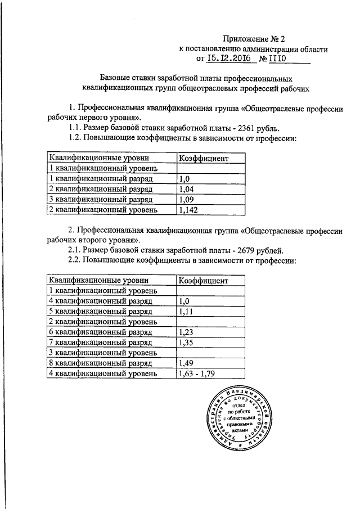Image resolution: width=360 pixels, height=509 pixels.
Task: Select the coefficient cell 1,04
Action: (186, 189)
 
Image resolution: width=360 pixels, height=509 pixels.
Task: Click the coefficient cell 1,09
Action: (186, 199)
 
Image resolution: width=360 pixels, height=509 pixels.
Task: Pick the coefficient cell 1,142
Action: (188, 210)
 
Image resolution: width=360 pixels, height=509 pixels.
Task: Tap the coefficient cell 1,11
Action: (186, 311)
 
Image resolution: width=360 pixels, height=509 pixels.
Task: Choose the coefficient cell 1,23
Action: (186, 332)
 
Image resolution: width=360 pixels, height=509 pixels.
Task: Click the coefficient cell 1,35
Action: (186, 343)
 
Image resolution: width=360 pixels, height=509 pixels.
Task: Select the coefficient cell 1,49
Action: (186, 363)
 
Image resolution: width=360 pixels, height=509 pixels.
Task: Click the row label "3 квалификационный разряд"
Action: (100, 199)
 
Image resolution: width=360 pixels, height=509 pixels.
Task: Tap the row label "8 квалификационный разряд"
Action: (100, 363)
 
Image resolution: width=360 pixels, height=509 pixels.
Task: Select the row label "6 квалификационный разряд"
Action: (100, 332)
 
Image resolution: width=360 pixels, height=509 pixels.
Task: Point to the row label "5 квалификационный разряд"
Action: (100, 311)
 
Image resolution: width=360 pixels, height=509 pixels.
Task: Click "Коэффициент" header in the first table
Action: (203, 158)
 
